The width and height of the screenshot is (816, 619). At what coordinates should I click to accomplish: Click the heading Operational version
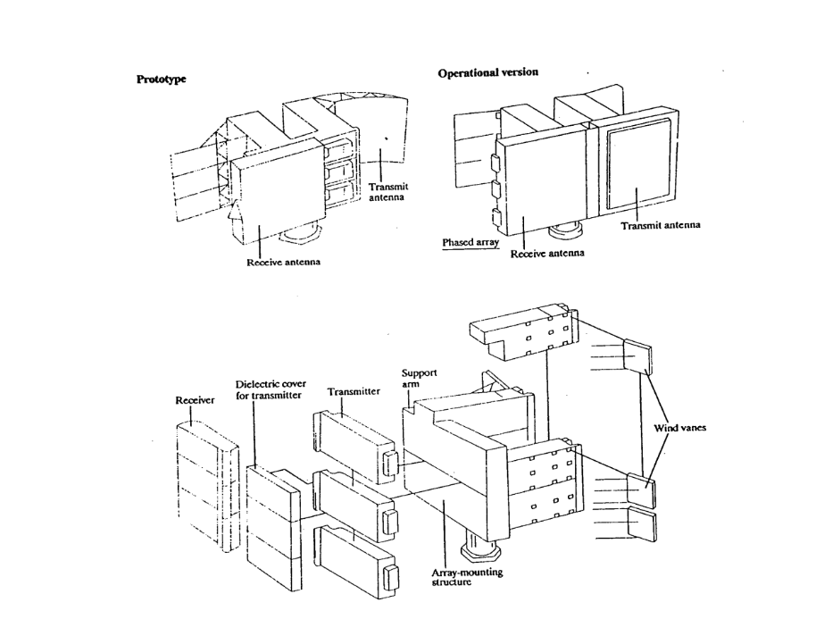[487, 72]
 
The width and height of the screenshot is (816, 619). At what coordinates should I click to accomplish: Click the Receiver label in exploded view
[194, 401]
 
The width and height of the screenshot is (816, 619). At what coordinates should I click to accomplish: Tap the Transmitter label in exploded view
[354, 391]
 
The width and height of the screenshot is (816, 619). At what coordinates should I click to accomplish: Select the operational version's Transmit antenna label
[661, 225]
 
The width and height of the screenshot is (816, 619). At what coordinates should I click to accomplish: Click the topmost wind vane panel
[637, 356]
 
